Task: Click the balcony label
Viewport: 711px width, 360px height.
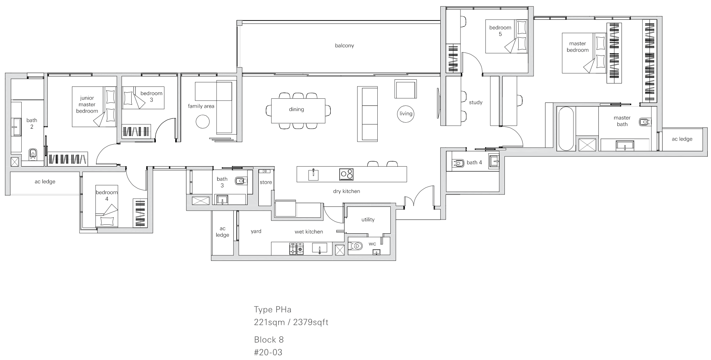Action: coord(344,45)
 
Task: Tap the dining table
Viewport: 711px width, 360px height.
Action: coord(298,111)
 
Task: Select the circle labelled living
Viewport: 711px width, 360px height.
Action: coord(406,114)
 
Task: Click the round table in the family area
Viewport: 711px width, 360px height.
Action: coord(203,121)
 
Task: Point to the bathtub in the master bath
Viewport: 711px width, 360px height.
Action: coord(566,129)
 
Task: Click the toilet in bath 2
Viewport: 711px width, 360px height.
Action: coord(33,153)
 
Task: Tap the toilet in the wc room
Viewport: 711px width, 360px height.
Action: coord(356,246)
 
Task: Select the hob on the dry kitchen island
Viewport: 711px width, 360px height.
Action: coord(346,174)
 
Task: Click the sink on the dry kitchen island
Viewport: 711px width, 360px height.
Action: coord(314,174)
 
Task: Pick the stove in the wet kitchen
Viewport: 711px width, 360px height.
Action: coord(296,249)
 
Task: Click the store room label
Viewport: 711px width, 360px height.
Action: coord(266,182)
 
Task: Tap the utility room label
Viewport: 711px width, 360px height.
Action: coord(368,220)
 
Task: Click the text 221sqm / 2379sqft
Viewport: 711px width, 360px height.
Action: coord(291,322)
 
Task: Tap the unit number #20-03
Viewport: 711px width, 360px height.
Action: coord(268,352)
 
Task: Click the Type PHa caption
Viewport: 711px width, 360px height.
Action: coord(273,309)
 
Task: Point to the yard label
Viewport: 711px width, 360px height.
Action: coord(256,231)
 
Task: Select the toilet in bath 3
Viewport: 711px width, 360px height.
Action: coord(240,181)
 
